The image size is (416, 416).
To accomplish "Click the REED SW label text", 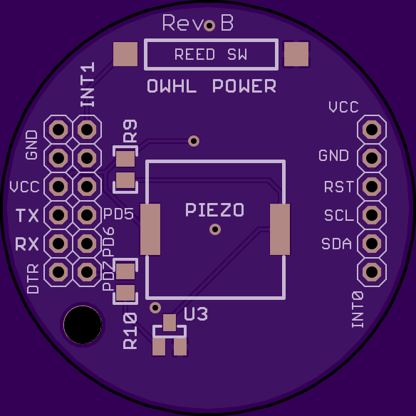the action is tap(211, 54).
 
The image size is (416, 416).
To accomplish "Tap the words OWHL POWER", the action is tap(212, 86).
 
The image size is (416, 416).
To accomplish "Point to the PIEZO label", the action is tap(214, 210).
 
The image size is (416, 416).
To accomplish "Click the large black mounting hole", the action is tap(83, 325).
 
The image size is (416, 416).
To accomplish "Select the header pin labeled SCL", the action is tap(372, 215).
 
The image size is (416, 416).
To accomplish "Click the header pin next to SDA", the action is tap(372, 244).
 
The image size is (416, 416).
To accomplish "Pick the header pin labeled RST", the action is tap(372, 187).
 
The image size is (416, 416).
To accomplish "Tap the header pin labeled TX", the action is tap(58, 215).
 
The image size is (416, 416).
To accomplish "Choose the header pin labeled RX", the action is tap(58, 244).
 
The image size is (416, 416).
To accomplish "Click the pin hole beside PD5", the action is tap(87, 215).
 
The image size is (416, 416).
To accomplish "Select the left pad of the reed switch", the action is tap(125, 54).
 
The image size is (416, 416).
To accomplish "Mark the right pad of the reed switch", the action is tap(296, 54).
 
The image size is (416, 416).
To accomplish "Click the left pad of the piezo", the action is tap(150, 229).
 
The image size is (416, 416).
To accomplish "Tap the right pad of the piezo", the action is tap(280, 229).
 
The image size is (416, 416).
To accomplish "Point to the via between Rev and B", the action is tap(209, 26).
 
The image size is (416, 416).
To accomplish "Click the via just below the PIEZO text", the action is tap(215, 229).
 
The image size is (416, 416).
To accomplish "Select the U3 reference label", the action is tap(196, 314).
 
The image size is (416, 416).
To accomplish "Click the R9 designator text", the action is tap(130, 131).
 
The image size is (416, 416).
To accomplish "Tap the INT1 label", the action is tap(88, 84).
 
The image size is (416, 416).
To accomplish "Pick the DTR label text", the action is tap(33, 279).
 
